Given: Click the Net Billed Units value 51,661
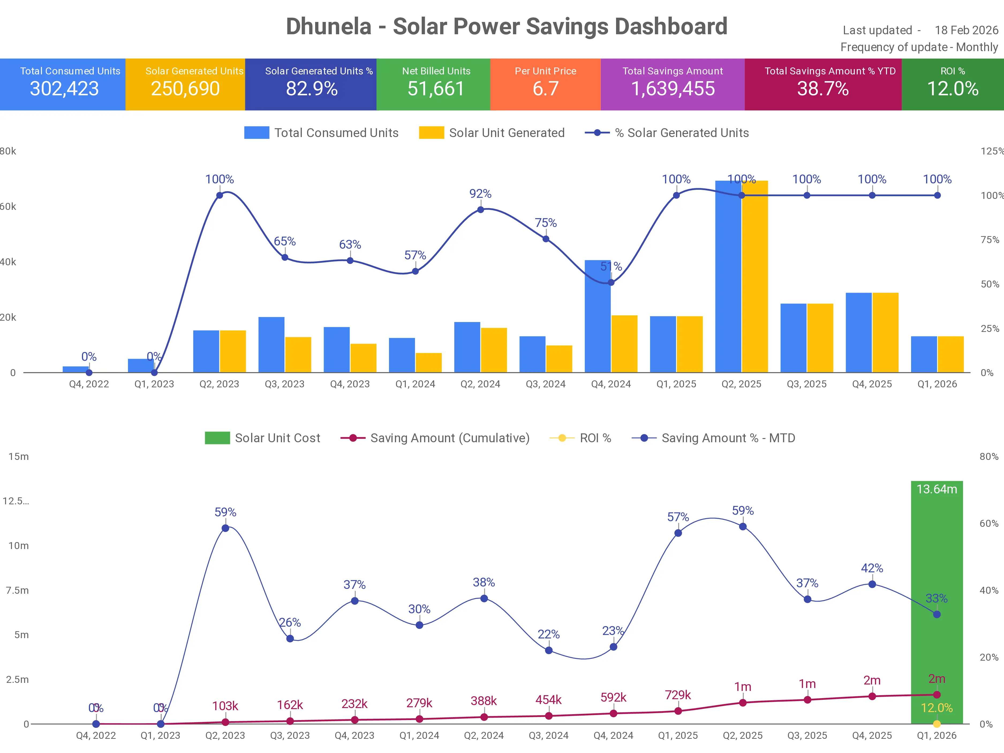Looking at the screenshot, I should [436, 89].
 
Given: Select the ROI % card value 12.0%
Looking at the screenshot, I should [952, 89].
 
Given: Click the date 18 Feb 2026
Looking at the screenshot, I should [966, 31].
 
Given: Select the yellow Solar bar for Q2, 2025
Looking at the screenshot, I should [755, 277].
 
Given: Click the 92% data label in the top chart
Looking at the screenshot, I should [480, 194].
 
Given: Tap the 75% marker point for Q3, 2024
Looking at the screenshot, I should [546, 239].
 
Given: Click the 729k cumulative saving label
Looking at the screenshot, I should [678, 695].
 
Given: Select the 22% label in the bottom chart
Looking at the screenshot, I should [548, 634].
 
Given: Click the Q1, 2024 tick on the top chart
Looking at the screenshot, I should [415, 384].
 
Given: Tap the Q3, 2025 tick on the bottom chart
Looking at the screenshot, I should [807, 735].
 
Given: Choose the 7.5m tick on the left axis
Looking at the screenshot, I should [17, 590].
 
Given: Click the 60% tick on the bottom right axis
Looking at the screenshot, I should [988, 523].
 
